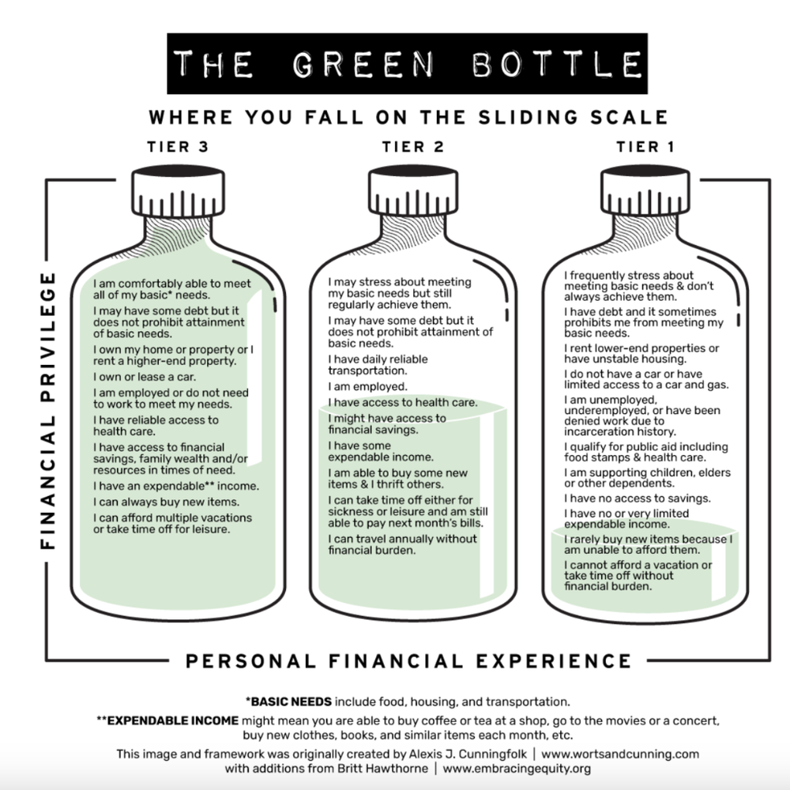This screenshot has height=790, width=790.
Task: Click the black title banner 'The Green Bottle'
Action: (x=408, y=63)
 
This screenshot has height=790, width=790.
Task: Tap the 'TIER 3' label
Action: (x=179, y=146)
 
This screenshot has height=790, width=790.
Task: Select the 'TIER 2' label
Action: (x=413, y=146)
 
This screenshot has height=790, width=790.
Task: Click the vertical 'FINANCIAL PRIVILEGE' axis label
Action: (x=47, y=411)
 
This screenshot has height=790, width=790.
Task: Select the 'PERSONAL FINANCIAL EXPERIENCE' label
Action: (x=408, y=660)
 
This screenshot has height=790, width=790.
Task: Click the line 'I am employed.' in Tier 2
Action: (x=367, y=387)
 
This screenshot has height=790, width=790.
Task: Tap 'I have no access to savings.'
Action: (x=637, y=498)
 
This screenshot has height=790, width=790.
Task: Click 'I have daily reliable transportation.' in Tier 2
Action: (x=378, y=364)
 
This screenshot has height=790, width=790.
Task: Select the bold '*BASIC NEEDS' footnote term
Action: (x=289, y=701)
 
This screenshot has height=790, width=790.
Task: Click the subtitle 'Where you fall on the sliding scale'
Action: (x=408, y=118)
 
